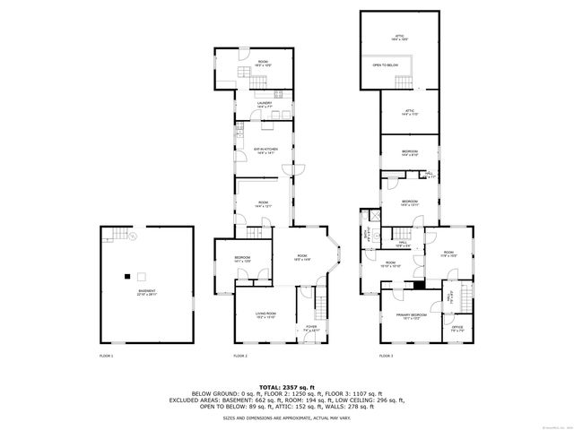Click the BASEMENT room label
pos(145,291)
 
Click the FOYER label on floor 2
pos(311,328)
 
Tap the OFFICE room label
pos(457,328)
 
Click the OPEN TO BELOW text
pos(387,65)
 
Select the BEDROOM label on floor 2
pos(242,259)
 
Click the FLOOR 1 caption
pos(106,356)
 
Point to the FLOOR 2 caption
pos(240,356)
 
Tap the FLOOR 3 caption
pos(386,356)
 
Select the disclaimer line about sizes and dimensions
pos(287,418)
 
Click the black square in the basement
pos(127,275)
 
